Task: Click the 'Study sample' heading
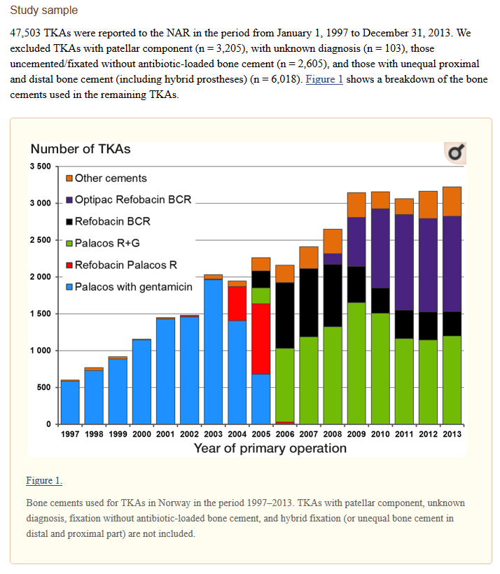click(x=44, y=10)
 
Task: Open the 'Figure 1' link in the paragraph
click(x=324, y=79)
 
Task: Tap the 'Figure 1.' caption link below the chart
click(x=44, y=480)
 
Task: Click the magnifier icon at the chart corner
click(x=455, y=153)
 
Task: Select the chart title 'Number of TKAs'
click(x=81, y=149)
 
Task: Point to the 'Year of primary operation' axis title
click(x=270, y=448)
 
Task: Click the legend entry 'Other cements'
click(x=106, y=178)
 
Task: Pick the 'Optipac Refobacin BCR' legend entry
click(x=129, y=199)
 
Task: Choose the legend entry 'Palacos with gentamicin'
click(x=129, y=286)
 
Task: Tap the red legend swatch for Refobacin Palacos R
click(x=69, y=265)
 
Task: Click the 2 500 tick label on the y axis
click(x=41, y=240)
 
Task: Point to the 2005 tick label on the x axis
click(x=261, y=434)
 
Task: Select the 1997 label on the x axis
click(x=70, y=434)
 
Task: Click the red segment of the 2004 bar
click(x=237, y=304)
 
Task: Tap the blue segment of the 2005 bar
click(x=261, y=399)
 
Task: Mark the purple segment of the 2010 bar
click(x=380, y=248)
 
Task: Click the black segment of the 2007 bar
click(x=309, y=302)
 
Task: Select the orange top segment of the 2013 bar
click(x=452, y=202)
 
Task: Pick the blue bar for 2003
click(x=213, y=352)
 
